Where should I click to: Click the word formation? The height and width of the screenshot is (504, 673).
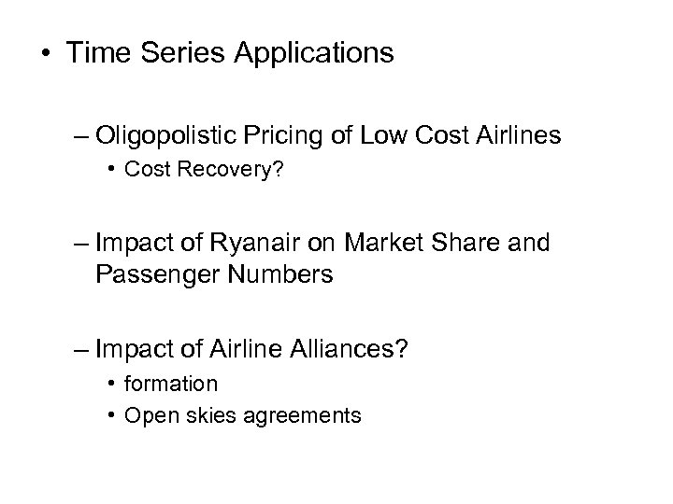[x=171, y=384]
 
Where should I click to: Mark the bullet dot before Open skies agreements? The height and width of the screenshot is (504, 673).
[x=110, y=414]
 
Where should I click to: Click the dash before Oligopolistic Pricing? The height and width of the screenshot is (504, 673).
[x=79, y=138]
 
